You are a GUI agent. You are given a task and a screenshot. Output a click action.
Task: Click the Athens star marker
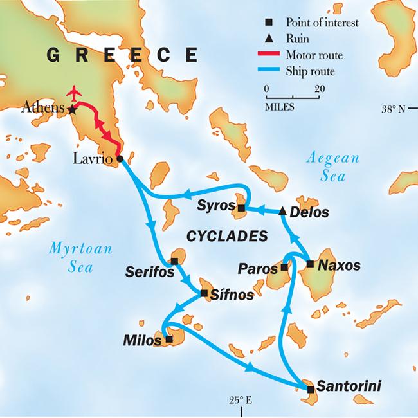click(x=72, y=109)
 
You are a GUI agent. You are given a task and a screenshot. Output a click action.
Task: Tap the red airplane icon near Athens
click(x=76, y=93)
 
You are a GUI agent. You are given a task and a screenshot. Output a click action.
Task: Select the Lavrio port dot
click(x=118, y=159)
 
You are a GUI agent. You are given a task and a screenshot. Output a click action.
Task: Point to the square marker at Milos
click(x=168, y=339)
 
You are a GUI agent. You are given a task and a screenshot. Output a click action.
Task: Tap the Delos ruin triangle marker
click(x=282, y=210)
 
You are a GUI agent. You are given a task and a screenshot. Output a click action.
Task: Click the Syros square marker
click(x=241, y=208)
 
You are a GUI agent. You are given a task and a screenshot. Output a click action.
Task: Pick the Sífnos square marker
click(x=204, y=293)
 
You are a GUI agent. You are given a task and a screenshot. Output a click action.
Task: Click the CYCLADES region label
click(x=226, y=237)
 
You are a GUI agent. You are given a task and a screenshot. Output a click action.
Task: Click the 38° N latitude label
click(x=392, y=109)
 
